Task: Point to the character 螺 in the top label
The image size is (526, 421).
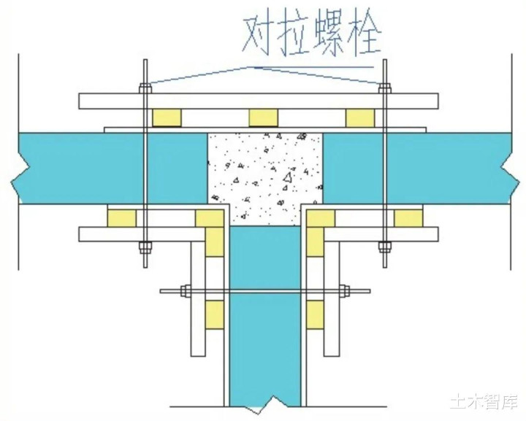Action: tap(330, 36)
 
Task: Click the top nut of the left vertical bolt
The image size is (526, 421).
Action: tap(145, 89)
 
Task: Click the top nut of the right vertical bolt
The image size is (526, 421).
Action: tap(385, 89)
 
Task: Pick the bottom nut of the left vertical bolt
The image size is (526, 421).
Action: tap(145, 247)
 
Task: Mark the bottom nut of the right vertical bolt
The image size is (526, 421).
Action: tap(385, 247)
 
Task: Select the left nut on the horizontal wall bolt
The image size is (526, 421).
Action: tap(186, 290)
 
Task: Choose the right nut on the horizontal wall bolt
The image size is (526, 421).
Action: tap(344, 290)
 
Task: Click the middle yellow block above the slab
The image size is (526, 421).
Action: tap(263, 118)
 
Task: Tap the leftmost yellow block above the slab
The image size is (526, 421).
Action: tap(167, 118)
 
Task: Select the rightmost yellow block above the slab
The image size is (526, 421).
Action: tap(360, 118)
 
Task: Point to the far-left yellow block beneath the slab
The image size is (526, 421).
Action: tap(122, 218)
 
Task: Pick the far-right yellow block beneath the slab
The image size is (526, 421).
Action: tap(408, 218)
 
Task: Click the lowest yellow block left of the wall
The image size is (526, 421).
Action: tap(214, 314)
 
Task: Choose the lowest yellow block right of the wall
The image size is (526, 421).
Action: tap(316, 314)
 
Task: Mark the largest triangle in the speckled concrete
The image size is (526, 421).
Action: tap(287, 177)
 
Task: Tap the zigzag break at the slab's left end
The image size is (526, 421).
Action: tap(17, 182)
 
